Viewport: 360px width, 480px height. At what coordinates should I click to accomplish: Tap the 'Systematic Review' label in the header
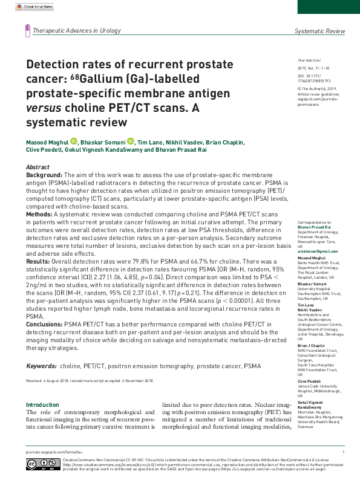click(319, 31)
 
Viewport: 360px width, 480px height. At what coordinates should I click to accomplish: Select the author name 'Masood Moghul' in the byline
click(47, 142)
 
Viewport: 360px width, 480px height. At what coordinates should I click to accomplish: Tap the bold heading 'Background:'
click(44, 174)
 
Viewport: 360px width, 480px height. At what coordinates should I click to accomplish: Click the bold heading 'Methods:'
click(39, 214)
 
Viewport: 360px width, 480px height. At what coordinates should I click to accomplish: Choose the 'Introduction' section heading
click(42, 388)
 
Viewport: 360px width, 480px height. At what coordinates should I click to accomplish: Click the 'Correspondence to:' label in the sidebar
click(313, 223)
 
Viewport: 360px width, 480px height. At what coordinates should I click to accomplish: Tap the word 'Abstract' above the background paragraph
click(38, 166)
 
